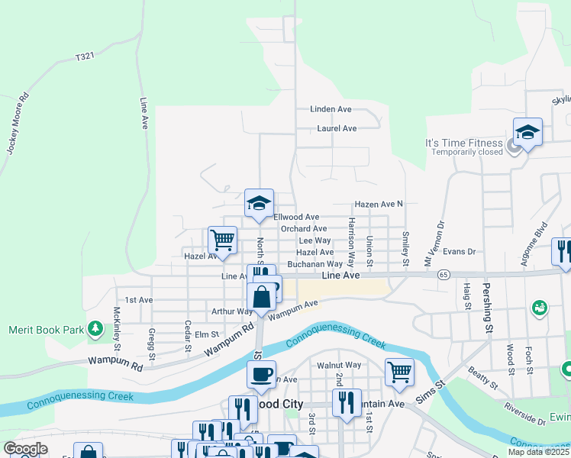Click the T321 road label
[85, 57]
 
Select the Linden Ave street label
[329, 109]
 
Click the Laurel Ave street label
[337, 128]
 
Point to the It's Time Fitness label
[464, 143]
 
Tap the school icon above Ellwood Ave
[259, 204]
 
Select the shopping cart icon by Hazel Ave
[222, 240]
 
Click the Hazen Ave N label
[378, 205]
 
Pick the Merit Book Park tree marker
[95, 329]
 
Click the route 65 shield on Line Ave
[444, 273]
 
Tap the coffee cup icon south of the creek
[261, 374]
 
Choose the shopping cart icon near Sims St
[399, 372]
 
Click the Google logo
[26, 448]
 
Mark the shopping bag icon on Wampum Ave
[261, 298]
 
